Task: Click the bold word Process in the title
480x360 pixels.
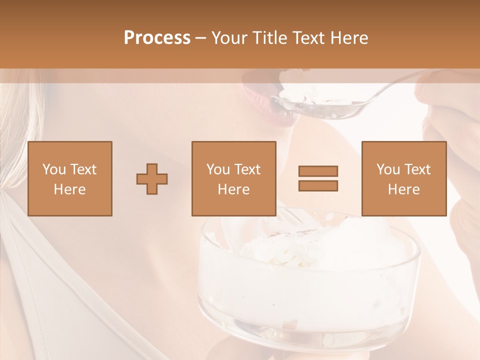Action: click(x=157, y=38)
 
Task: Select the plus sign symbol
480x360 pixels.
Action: click(x=152, y=178)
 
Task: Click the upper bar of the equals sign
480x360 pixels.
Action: click(x=318, y=171)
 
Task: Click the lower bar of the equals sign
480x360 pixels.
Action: click(x=318, y=185)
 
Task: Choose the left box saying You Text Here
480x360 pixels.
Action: click(x=69, y=178)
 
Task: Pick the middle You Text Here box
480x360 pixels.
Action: click(x=233, y=178)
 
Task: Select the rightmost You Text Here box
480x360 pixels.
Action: click(x=403, y=178)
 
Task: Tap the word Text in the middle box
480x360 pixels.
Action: click(x=247, y=169)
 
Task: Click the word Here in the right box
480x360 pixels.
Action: click(x=403, y=189)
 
